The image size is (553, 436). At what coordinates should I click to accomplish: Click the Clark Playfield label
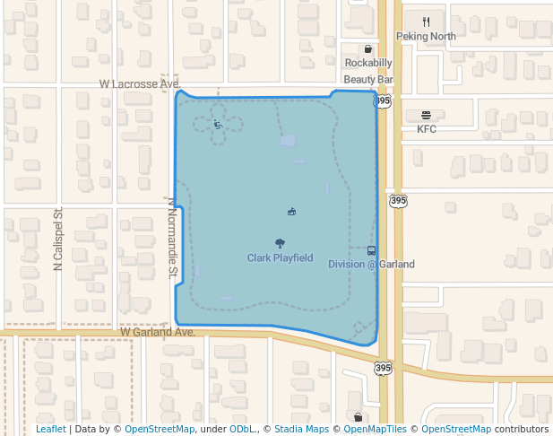click(281, 258)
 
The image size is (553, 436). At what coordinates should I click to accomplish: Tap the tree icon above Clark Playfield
click(281, 243)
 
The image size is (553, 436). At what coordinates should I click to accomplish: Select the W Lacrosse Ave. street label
click(140, 83)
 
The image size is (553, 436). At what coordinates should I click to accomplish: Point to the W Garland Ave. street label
click(158, 332)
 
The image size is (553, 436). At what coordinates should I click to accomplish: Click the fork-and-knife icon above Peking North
click(427, 22)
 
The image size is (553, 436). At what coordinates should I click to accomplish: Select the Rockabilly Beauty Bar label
click(369, 71)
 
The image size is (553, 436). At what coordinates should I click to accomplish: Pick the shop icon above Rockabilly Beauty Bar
click(368, 49)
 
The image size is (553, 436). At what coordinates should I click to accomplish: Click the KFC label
click(426, 129)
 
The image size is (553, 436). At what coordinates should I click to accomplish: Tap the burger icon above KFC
click(426, 115)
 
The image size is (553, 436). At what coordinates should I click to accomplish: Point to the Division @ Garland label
click(371, 265)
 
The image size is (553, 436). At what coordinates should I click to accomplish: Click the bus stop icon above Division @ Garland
click(372, 250)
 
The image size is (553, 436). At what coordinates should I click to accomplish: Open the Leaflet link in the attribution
click(51, 430)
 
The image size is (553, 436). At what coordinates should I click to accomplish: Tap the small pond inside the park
click(288, 141)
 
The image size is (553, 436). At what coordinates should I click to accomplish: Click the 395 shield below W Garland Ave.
click(384, 368)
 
